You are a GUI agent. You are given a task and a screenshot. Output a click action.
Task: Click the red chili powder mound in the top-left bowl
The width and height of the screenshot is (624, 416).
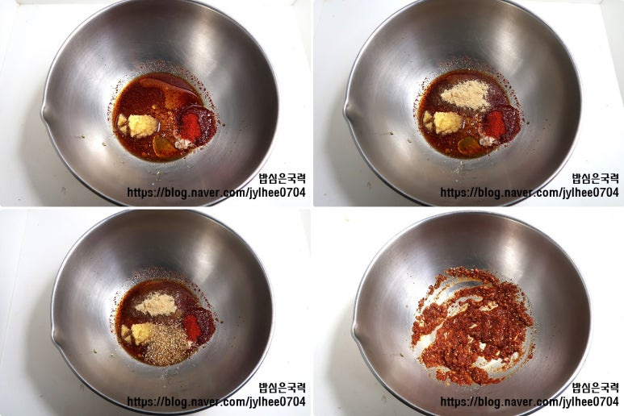coord(191,127)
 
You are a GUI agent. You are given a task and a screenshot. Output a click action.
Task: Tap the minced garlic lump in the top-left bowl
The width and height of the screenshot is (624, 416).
coord(142,126)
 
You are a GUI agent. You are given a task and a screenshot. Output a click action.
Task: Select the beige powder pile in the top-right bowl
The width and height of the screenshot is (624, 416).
coord(466,96)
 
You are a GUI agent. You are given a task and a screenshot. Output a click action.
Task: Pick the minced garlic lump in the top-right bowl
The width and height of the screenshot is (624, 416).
coord(448,123)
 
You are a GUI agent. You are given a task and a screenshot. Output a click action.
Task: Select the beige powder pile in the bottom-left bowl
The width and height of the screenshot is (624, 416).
coord(157,305)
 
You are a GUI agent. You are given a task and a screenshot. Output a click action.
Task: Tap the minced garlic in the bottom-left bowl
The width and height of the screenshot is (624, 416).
coord(140,333)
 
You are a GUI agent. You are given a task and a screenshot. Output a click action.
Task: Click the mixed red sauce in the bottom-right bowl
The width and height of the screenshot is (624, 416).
coord(473,327)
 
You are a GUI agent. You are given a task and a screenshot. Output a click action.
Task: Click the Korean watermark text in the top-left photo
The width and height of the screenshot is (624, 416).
coord(283,178)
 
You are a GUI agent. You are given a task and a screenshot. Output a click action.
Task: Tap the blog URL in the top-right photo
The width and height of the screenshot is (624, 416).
coord(530,193)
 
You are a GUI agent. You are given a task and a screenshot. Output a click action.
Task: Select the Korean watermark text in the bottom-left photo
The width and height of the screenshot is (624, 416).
coord(283,388)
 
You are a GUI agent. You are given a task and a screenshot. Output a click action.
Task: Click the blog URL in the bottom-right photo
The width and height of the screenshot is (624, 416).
coord(530,401)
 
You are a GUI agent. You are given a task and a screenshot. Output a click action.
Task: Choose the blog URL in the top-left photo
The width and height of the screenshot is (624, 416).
coord(216,193)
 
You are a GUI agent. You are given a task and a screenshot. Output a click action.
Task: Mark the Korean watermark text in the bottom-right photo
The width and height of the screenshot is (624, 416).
coord(596,388)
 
